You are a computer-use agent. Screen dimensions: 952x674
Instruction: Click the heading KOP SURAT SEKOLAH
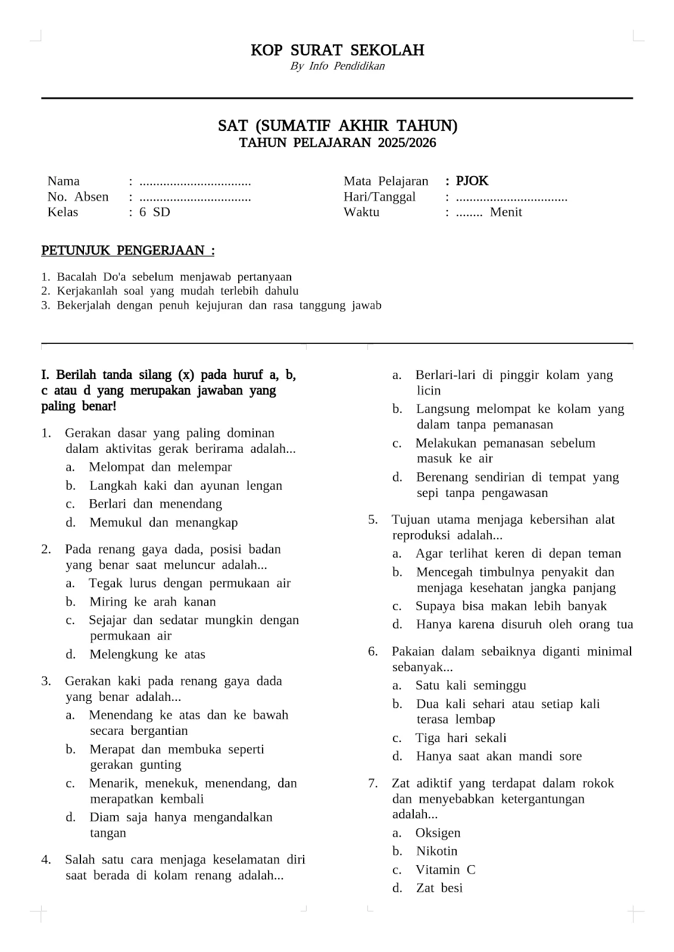(x=337, y=50)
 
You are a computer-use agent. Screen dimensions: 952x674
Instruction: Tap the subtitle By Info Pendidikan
(x=337, y=66)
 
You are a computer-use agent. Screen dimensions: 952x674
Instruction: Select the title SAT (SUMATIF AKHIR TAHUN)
(x=337, y=126)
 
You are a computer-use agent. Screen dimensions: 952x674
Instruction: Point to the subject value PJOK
(x=472, y=181)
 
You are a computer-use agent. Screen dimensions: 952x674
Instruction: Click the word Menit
(x=505, y=212)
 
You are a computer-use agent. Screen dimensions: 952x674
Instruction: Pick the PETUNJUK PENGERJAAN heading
(x=127, y=250)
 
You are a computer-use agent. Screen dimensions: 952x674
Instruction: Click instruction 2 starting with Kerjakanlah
(x=177, y=291)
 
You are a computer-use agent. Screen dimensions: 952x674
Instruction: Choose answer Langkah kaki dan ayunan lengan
(x=185, y=486)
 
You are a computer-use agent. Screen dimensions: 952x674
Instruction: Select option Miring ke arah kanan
(x=152, y=602)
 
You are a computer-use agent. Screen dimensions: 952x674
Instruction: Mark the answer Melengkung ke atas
(x=147, y=654)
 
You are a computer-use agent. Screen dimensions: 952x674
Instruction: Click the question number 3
(x=46, y=681)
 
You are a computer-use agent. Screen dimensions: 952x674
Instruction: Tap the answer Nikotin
(x=436, y=851)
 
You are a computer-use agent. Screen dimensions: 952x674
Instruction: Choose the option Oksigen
(x=438, y=833)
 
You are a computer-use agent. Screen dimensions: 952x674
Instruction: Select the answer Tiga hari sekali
(x=460, y=738)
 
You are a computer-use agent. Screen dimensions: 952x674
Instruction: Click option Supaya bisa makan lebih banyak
(x=511, y=606)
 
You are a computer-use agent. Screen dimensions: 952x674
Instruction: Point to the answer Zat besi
(x=439, y=888)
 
